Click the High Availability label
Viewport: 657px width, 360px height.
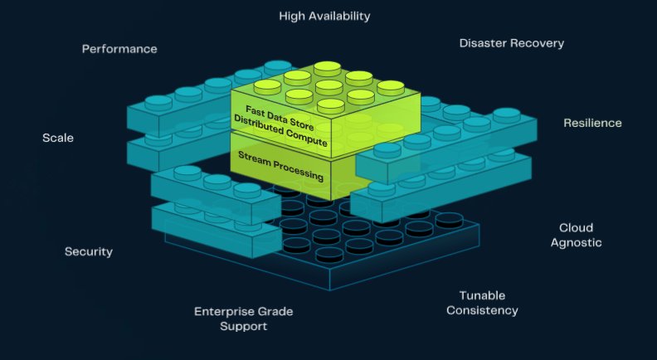324,16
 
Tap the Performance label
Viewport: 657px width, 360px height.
119,49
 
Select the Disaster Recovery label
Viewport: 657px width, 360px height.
511,43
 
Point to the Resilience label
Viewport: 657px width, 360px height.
592,123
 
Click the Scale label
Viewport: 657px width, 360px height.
58,138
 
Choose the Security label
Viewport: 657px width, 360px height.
89,251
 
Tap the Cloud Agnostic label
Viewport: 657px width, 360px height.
576,235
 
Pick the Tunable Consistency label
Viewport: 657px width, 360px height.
482,303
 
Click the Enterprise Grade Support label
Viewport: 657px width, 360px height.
244,319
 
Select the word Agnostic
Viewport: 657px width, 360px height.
576,243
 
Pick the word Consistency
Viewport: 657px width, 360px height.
482,311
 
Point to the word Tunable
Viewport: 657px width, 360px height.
482,295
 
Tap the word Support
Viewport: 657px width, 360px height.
244,327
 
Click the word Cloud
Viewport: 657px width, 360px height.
576,227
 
